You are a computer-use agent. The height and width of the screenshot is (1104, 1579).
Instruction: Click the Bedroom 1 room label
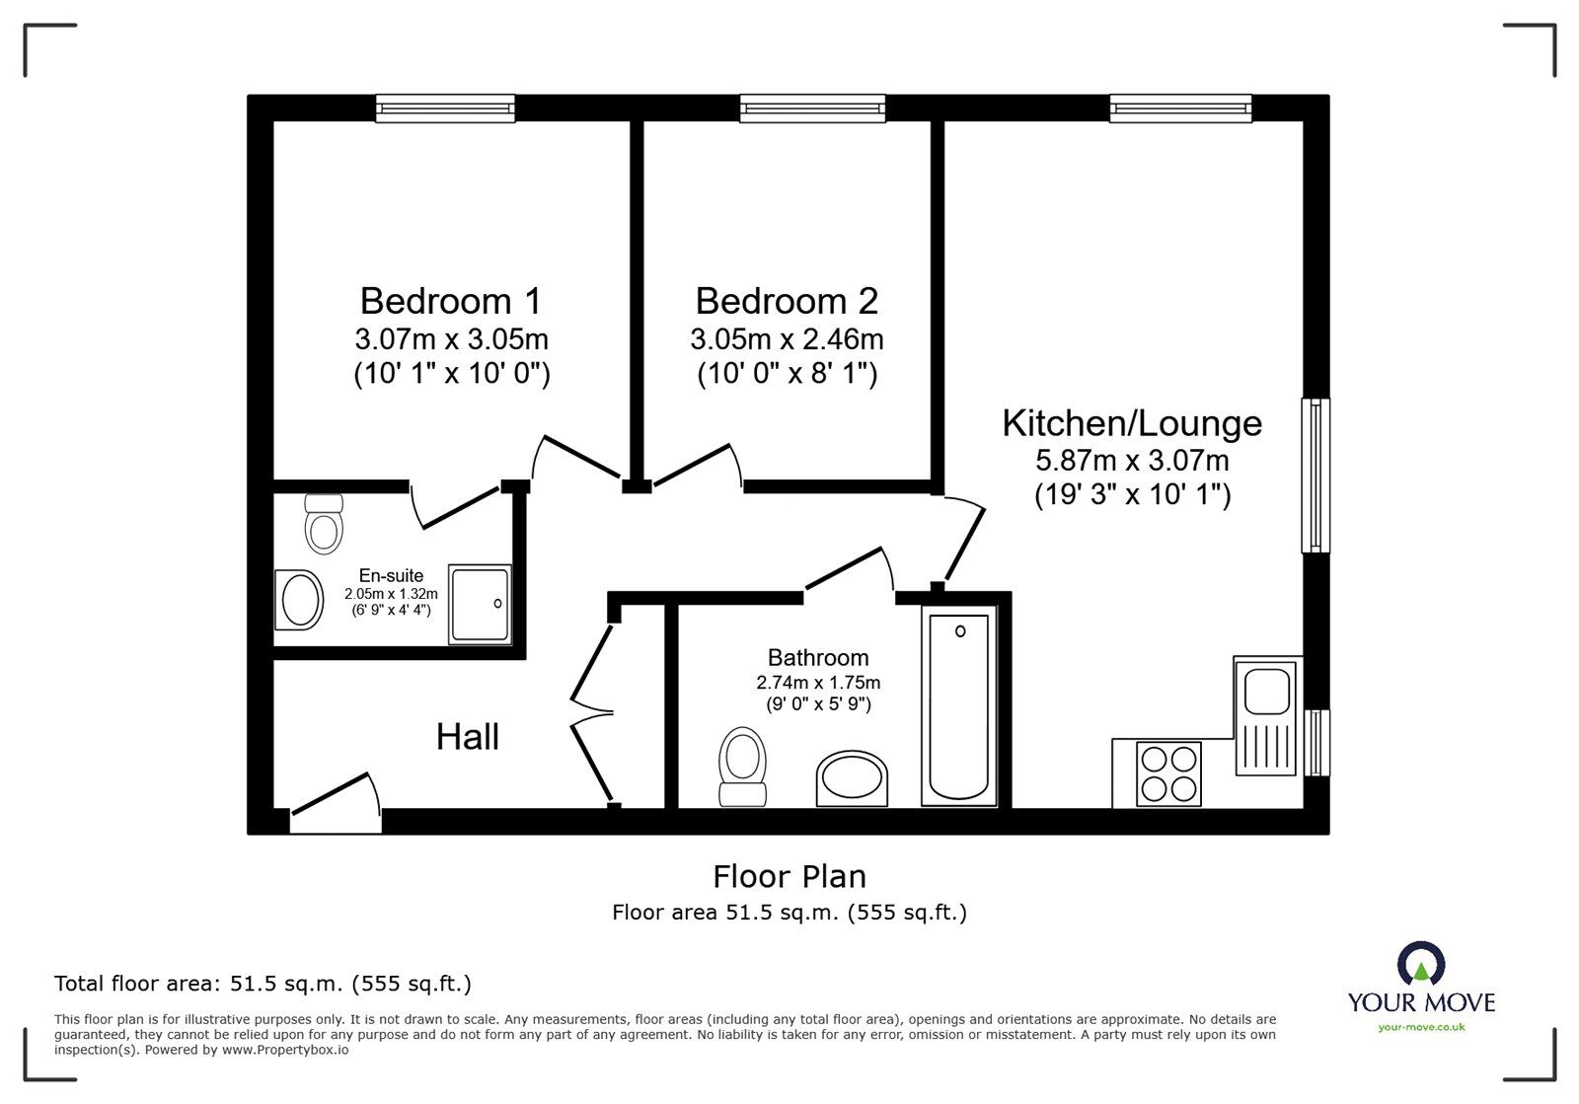pyautogui.click(x=451, y=300)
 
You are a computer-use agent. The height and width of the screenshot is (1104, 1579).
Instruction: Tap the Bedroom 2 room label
pyautogui.click(x=787, y=300)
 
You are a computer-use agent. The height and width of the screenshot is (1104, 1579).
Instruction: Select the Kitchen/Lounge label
pyautogui.click(x=1132, y=423)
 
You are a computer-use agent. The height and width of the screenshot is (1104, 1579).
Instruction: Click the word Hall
pyautogui.click(x=468, y=737)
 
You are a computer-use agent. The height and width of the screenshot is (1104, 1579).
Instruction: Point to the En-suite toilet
pyautogui.click(x=324, y=524)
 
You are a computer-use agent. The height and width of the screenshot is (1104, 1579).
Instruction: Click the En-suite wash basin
pyautogui.click(x=300, y=599)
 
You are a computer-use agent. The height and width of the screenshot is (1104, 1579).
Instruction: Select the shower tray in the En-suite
pyautogui.click(x=481, y=604)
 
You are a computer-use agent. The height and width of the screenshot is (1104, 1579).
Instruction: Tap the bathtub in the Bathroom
pyautogui.click(x=958, y=705)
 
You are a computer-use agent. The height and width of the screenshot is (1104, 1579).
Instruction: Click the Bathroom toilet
pyautogui.click(x=743, y=768)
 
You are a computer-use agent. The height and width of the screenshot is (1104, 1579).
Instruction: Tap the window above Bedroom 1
pyautogui.click(x=445, y=108)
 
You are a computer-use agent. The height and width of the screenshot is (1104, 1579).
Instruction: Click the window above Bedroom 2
pyautogui.click(x=812, y=108)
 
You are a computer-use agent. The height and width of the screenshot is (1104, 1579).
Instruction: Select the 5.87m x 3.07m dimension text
pyautogui.click(x=1132, y=460)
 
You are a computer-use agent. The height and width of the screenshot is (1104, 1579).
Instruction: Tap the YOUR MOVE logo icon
pyautogui.click(x=1420, y=964)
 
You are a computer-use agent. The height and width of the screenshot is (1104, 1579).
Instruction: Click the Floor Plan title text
pyautogui.click(x=789, y=876)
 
